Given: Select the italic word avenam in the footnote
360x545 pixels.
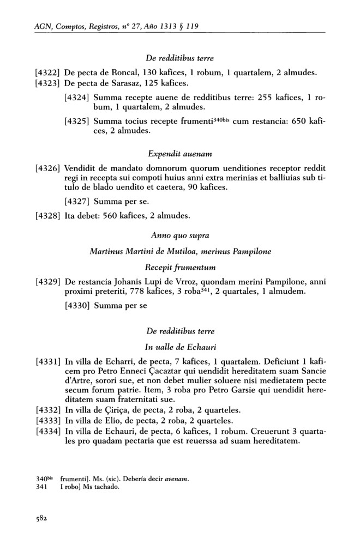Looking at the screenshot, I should pyautogui.click(x=178, y=479).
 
